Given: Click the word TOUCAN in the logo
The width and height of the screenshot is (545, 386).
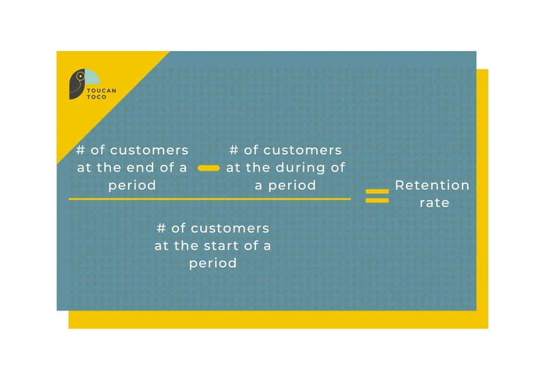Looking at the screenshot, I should (102, 90).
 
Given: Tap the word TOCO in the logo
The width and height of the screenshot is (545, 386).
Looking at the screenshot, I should (97, 97).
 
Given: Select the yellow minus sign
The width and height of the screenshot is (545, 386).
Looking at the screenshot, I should (208, 167).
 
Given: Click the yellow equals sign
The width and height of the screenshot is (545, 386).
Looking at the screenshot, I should (377, 196).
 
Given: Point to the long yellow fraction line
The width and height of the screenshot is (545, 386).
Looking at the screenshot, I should (209, 199).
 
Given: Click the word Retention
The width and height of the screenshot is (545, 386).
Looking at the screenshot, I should (432, 185).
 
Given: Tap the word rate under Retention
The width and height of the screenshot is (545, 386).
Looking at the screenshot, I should (435, 203).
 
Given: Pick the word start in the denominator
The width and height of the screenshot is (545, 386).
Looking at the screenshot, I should (221, 245).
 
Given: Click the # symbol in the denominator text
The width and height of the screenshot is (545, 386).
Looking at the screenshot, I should (161, 228).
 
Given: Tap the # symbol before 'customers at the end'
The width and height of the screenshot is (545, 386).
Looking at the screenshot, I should (80, 150).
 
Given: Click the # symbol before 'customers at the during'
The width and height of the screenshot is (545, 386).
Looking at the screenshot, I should (234, 150).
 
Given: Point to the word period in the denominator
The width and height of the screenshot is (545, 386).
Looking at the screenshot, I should (213, 263).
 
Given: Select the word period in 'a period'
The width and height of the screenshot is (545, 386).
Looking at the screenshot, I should (292, 185).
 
